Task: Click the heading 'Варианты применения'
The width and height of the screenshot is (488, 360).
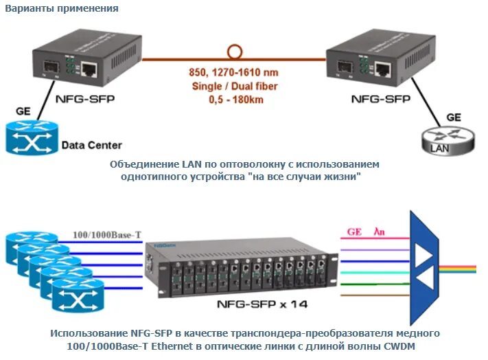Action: [x=62, y=9]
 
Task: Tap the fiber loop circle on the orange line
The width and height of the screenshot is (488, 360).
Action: [x=235, y=52]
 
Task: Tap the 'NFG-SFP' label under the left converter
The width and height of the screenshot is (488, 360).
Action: [x=86, y=98]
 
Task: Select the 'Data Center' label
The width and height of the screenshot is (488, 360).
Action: [x=91, y=145]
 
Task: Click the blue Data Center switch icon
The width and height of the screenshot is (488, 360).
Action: [x=32, y=137]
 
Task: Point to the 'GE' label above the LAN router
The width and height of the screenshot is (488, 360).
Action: [x=454, y=117]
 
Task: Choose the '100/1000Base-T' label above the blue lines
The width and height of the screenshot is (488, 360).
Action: [x=108, y=235]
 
